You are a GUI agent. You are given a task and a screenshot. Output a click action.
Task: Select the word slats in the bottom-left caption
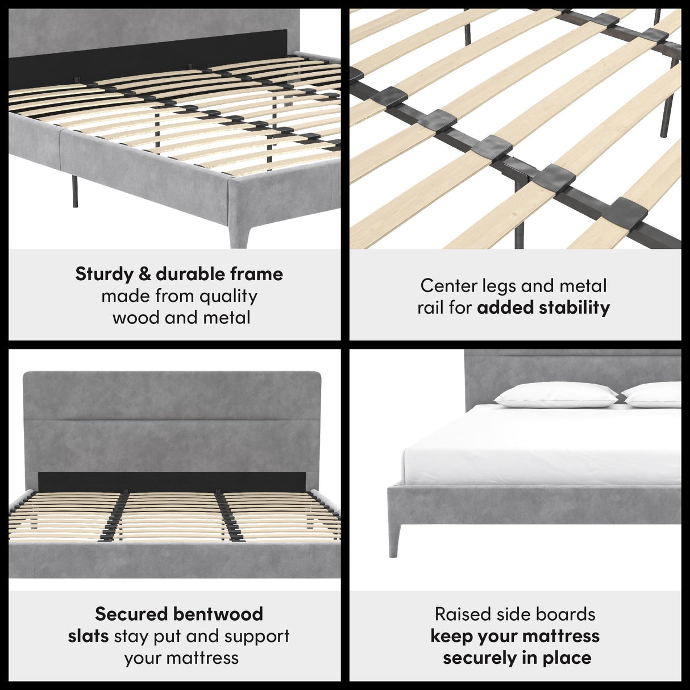click(x=88, y=636)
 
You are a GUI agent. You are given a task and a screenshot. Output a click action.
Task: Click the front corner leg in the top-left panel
click(x=238, y=227)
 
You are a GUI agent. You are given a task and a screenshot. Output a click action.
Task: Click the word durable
click(x=182, y=275)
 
